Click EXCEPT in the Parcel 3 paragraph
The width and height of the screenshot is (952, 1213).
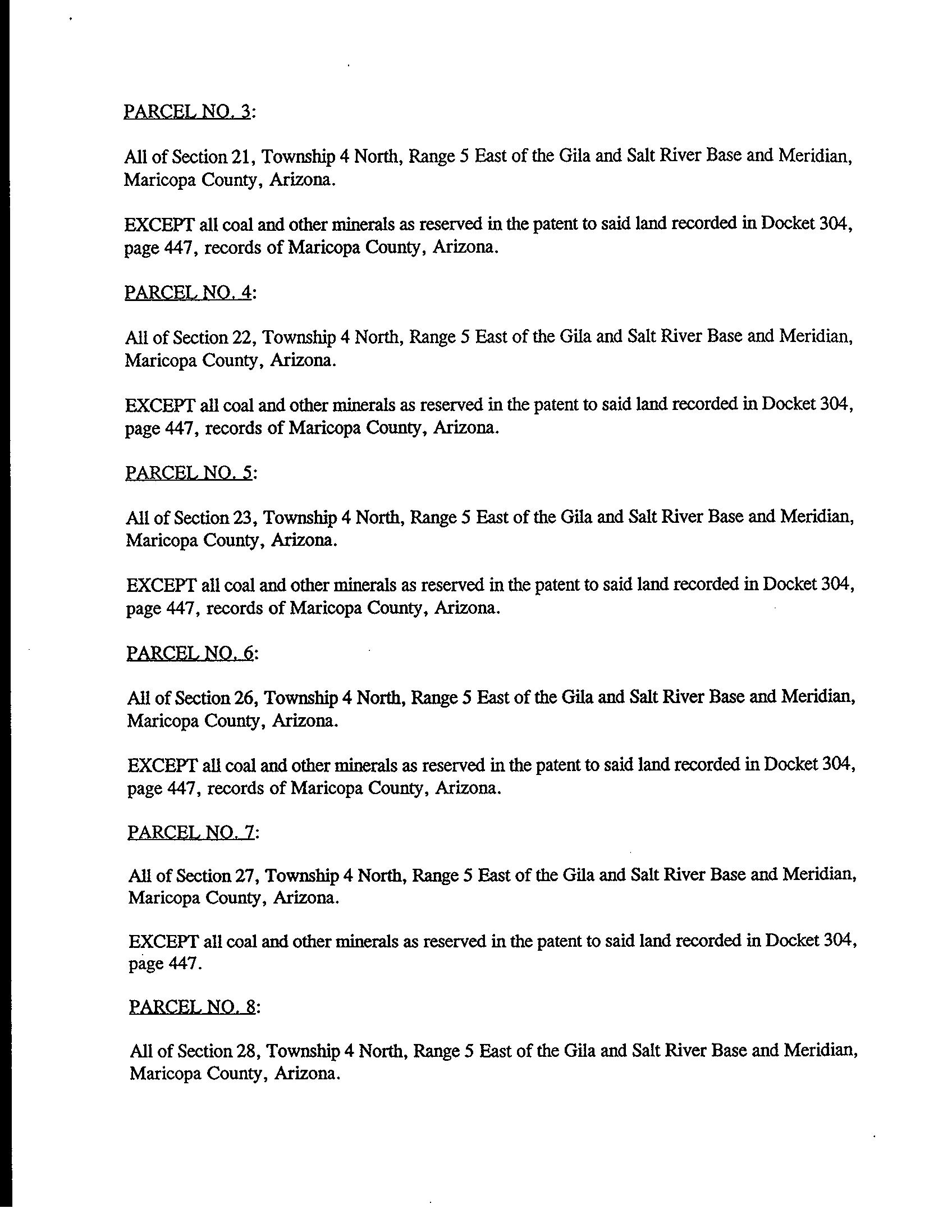159,225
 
